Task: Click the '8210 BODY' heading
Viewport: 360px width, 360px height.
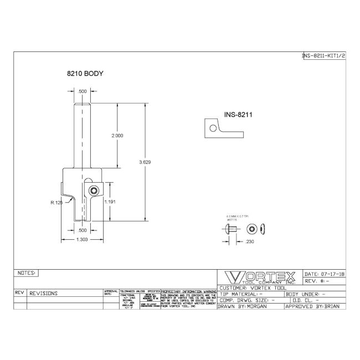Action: (x=85, y=73)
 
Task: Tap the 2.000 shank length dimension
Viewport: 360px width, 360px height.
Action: (x=117, y=135)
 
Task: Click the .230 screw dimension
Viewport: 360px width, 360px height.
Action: (x=250, y=241)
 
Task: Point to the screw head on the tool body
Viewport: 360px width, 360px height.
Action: (x=95, y=191)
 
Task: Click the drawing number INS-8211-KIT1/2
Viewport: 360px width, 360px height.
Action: (x=323, y=56)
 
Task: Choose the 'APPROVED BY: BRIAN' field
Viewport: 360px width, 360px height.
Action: (x=315, y=306)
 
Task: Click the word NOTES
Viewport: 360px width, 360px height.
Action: (x=27, y=273)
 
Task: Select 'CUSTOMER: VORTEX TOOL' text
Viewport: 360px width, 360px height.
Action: (x=252, y=288)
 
